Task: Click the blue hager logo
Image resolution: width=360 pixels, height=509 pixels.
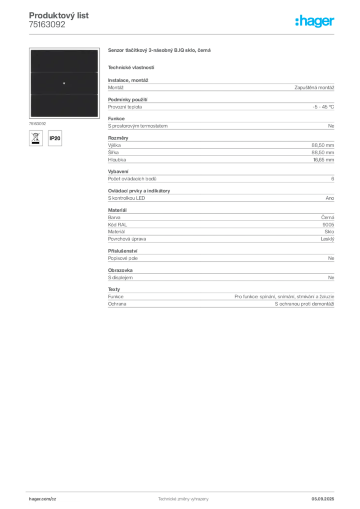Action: tap(316, 22)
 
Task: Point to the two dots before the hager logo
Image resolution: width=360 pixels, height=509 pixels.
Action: tap(297, 18)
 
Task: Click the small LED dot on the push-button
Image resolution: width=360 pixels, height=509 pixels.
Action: tap(64, 83)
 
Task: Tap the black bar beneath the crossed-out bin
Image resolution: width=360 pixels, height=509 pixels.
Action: tap(35, 144)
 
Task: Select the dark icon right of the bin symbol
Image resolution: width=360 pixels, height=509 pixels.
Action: tap(56, 139)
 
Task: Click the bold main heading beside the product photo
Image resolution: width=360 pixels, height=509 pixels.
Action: tap(161, 51)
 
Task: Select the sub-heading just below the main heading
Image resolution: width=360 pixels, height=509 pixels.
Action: tap(131, 67)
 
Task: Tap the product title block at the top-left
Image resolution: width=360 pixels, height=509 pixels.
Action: tap(59, 19)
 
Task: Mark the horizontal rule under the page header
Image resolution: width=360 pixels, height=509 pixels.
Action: tap(182, 34)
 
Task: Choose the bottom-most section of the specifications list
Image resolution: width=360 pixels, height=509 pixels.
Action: tap(220, 298)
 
